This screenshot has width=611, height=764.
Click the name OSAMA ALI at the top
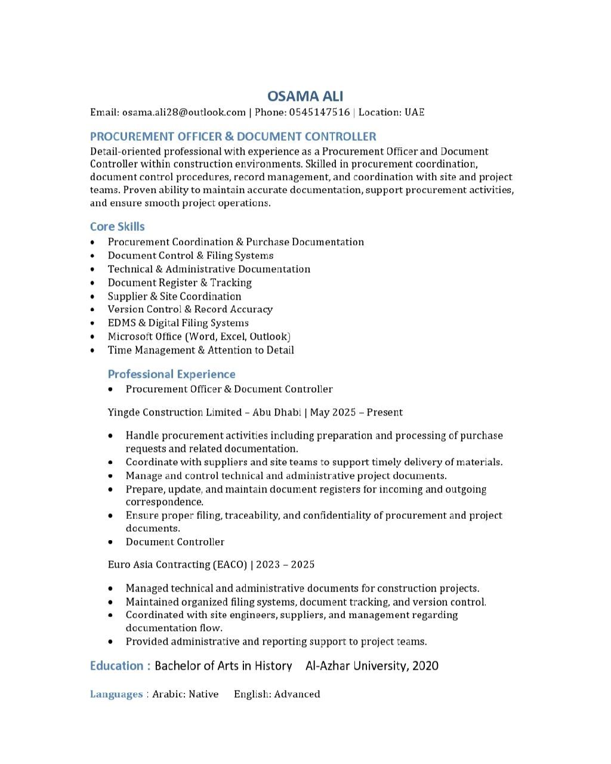tap(305, 96)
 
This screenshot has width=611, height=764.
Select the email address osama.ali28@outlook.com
tap(184, 112)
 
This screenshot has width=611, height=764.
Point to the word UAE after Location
tap(415, 112)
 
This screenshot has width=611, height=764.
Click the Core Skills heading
tap(117, 227)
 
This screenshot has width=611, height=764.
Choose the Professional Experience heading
tap(171, 374)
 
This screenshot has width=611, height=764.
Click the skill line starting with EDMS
tap(178, 323)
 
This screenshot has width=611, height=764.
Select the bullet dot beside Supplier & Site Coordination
tap(92, 297)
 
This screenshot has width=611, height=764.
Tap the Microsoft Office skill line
tap(199, 337)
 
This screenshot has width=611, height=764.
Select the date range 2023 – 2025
tap(285, 565)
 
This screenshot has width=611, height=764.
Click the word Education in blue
tap(116, 666)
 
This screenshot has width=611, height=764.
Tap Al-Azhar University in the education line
tap(356, 666)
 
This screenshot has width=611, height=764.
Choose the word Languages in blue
tap(116, 694)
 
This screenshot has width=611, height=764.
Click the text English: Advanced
tap(277, 694)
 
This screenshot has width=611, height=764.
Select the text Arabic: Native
tap(185, 694)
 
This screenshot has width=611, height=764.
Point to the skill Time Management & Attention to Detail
tap(200, 350)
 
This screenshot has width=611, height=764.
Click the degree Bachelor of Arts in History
tap(223, 666)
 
